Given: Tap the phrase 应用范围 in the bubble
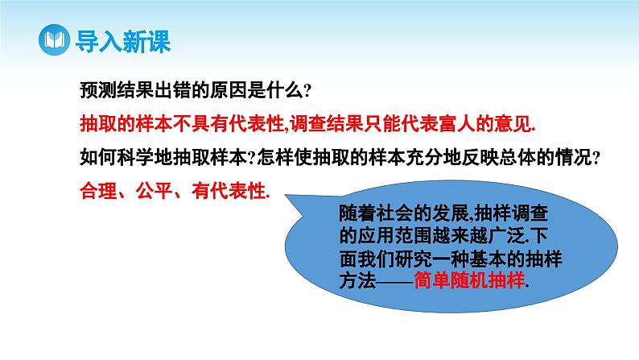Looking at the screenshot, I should click(394, 238).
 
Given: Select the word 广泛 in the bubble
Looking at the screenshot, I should click(499, 238).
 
